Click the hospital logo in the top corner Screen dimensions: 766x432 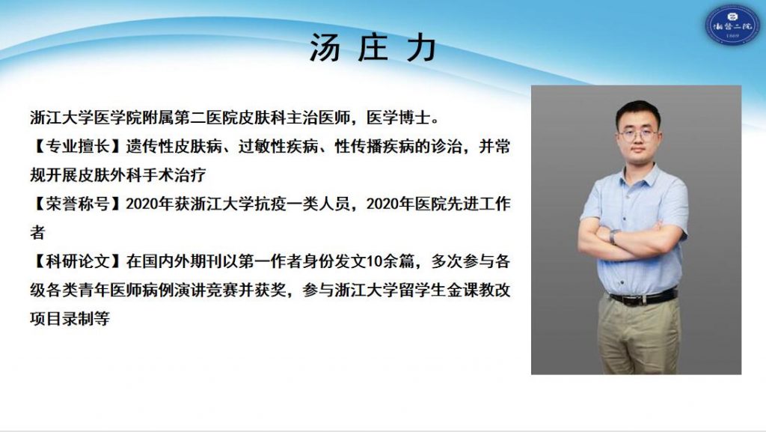coord(732,25)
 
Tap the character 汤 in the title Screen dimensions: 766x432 coord(325,48)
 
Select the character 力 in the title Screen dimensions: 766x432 coord(422,48)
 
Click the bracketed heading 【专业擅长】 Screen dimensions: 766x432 coord(78,146)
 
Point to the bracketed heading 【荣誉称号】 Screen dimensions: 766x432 coord(78,204)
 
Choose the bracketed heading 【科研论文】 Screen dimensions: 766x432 coord(78,261)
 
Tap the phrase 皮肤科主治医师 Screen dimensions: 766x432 coord(294,118)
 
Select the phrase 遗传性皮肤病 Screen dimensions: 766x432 coord(174,146)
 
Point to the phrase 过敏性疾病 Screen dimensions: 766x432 coord(278,146)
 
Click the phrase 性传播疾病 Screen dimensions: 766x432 coord(375,146)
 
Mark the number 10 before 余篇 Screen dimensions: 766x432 coord(374,262)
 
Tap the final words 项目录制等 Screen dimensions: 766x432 coord(70,319)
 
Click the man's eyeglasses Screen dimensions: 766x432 coord(638,134)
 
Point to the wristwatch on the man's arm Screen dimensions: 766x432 coord(613,237)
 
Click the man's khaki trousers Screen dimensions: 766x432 coord(639,336)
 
